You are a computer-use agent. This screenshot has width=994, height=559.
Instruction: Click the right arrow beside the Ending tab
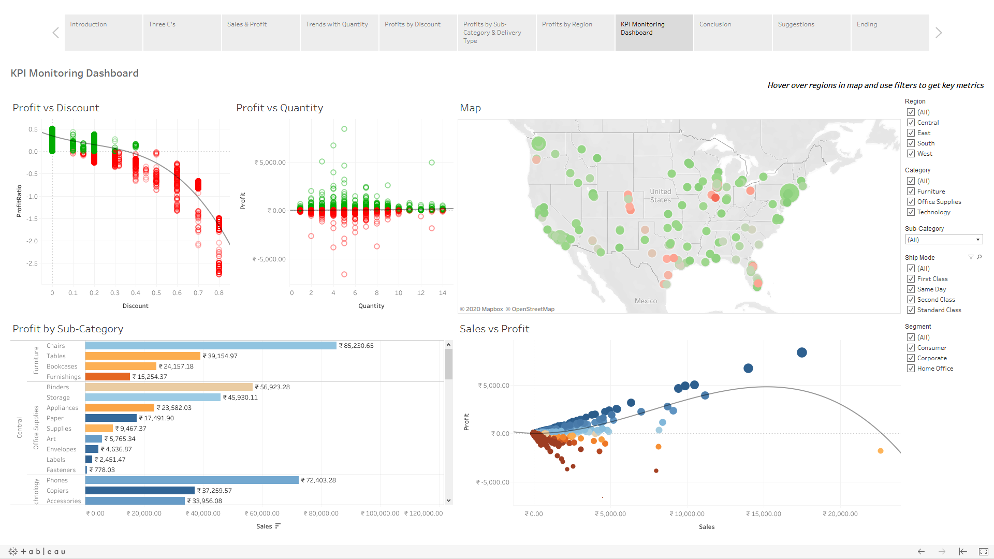pyautogui.click(x=939, y=33)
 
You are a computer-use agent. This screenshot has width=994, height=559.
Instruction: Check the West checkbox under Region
pyautogui.click(x=911, y=154)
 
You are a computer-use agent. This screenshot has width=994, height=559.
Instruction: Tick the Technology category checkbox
pyautogui.click(x=911, y=212)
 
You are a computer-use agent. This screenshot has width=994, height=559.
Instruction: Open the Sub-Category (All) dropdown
pyautogui.click(x=944, y=240)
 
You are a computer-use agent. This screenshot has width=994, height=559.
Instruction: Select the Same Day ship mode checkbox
pyautogui.click(x=911, y=289)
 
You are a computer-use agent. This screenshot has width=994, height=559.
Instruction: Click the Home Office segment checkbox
pyautogui.click(x=911, y=369)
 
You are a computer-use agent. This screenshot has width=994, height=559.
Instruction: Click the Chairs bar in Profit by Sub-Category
pyautogui.click(x=210, y=346)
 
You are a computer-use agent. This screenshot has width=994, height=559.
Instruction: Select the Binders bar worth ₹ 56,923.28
pyautogui.click(x=169, y=387)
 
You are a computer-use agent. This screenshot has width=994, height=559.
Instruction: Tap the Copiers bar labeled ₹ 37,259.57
pyautogui.click(x=140, y=491)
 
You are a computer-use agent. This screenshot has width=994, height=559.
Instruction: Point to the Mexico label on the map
pyautogui.click(x=646, y=301)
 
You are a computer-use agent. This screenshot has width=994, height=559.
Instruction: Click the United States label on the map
pyautogui.click(x=660, y=196)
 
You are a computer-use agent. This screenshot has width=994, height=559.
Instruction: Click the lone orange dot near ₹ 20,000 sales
pyautogui.click(x=880, y=451)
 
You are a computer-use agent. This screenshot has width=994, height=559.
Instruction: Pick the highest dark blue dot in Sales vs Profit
pyautogui.click(x=801, y=352)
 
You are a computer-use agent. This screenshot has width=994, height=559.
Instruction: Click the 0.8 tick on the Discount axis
pyautogui.click(x=219, y=293)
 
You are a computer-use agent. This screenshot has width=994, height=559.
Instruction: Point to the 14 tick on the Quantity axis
pyautogui.click(x=442, y=293)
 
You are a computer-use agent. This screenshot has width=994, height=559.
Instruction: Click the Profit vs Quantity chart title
pyautogui.click(x=280, y=108)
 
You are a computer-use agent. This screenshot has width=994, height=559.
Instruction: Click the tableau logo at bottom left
pyautogui.click(x=38, y=551)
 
